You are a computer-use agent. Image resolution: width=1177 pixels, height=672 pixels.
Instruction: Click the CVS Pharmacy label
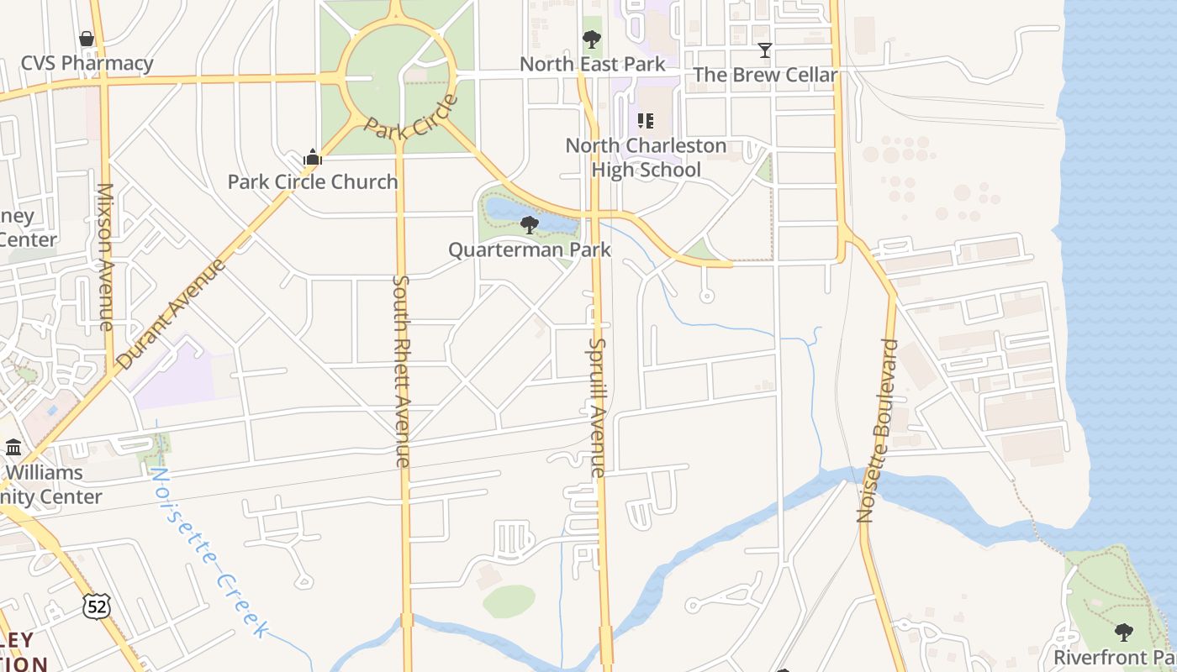tap(87, 64)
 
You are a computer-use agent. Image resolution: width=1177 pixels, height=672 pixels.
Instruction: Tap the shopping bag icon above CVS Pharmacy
tap(87, 39)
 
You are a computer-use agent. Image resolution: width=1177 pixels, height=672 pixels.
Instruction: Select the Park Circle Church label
tap(313, 181)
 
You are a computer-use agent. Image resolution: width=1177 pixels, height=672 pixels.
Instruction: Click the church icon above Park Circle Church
tap(313, 157)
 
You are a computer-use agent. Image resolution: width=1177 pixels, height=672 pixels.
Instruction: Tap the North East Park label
tap(592, 64)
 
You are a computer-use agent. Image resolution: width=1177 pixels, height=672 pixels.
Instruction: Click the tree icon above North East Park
tap(592, 39)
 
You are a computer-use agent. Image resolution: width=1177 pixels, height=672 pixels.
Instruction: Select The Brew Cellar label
tap(765, 75)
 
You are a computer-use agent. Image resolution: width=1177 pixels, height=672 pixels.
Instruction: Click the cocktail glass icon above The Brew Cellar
tap(765, 50)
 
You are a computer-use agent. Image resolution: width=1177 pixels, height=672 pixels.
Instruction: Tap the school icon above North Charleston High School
tap(646, 121)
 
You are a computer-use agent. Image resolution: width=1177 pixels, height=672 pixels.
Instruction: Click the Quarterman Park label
tap(529, 249)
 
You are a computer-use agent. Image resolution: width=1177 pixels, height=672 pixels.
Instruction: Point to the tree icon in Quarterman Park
tap(529, 224)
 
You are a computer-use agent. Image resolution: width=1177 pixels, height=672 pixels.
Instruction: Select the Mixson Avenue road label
tap(106, 256)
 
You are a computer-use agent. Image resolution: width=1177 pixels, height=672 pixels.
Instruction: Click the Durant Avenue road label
tap(172, 314)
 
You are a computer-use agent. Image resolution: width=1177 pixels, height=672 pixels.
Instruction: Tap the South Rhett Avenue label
tap(402, 370)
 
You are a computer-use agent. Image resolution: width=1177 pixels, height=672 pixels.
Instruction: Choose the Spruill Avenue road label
tap(597, 407)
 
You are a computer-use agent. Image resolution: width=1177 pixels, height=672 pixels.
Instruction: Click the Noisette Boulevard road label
tap(878, 431)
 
